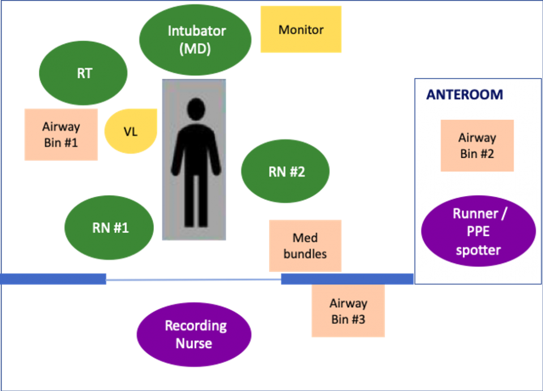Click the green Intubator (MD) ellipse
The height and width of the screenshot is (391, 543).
(x=195, y=39)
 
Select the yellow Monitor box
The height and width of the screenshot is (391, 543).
(x=301, y=29)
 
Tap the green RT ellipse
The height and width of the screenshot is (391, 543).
(x=84, y=73)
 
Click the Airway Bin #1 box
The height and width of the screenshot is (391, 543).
(x=61, y=134)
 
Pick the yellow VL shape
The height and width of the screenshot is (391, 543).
(x=131, y=132)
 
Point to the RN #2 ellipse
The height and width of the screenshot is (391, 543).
(x=286, y=172)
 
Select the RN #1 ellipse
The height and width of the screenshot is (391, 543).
(x=110, y=228)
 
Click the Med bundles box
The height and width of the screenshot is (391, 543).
(x=305, y=246)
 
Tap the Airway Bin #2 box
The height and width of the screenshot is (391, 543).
(x=477, y=145)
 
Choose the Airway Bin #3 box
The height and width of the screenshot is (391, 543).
(x=348, y=311)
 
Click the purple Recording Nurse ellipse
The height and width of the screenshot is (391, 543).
(x=194, y=334)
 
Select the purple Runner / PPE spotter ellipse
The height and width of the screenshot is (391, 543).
(x=478, y=232)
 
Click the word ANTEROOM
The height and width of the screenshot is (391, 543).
(x=464, y=95)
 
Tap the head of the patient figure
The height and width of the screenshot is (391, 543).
(x=196, y=108)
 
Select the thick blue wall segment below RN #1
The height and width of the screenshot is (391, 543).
(x=54, y=279)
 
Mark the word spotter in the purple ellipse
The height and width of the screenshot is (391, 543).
(x=478, y=250)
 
